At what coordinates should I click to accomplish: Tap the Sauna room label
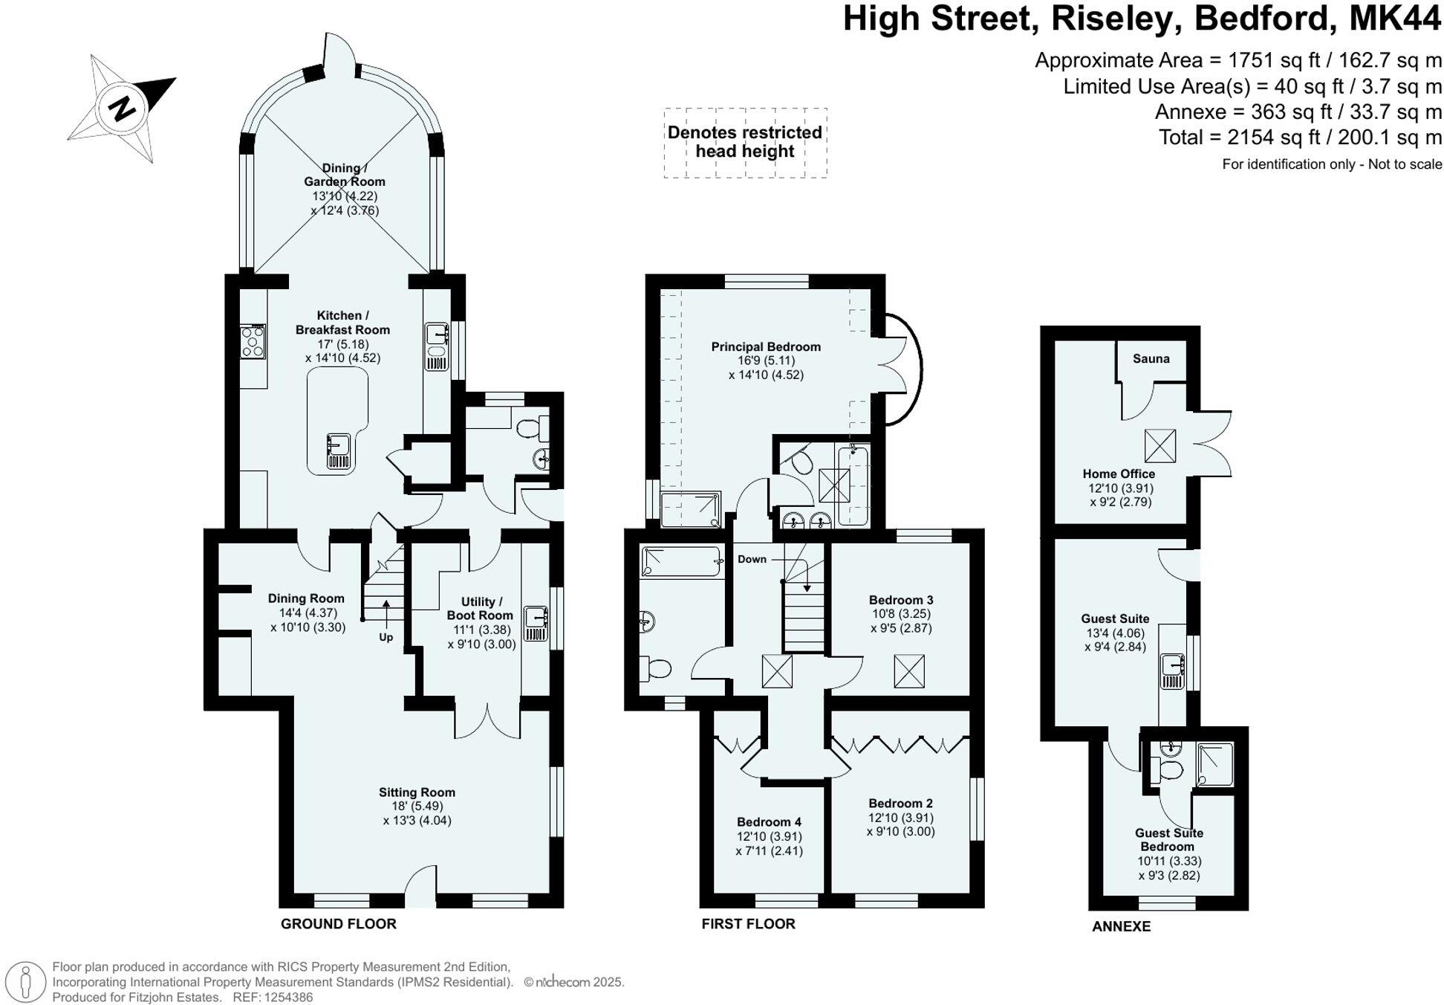point(1151,359)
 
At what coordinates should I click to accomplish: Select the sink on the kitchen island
point(338,451)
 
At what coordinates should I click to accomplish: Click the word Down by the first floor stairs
point(752,559)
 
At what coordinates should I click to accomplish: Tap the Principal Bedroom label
point(765,346)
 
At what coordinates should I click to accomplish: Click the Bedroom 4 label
point(769,821)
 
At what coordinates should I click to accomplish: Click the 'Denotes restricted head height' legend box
point(745,143)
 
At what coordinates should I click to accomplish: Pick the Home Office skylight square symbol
point(1160,445)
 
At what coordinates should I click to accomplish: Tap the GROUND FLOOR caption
point(338,924)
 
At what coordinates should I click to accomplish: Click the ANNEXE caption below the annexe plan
point(1121,926)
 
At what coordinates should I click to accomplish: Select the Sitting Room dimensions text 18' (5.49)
point(417,806)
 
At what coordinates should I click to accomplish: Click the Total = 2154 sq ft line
point(1300,138)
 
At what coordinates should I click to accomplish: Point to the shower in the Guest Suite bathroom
point(1214,764)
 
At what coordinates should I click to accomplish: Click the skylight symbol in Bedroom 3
point(908,670)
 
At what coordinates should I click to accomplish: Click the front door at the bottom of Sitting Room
point(420,888)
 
